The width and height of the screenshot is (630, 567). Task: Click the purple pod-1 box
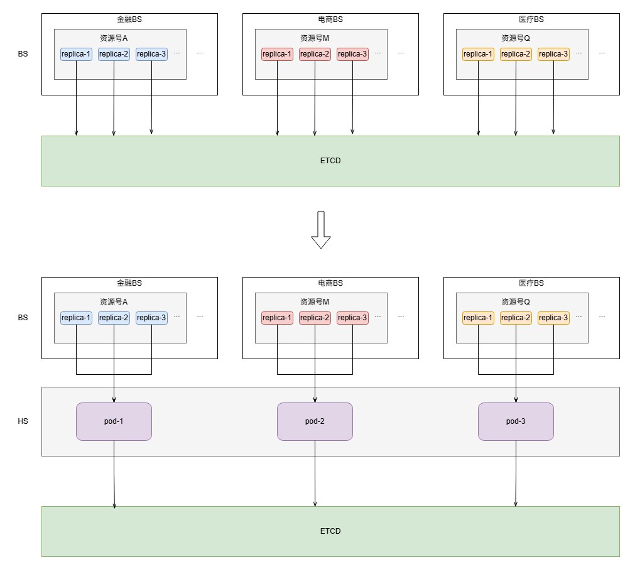[x=114, y=421]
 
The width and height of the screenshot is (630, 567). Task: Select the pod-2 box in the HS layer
[x=315, y=421]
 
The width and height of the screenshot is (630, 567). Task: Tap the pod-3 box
[x=516, y=421]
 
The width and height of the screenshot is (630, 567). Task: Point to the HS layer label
[x=23, y=421]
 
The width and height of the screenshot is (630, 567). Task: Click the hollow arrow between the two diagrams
[x=320, y=230]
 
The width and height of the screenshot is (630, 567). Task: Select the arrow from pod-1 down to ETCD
[x=114, y=474]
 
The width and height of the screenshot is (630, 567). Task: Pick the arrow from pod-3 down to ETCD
[x=516, y=473]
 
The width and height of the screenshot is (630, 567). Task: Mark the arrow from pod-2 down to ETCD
[x=315, y=473]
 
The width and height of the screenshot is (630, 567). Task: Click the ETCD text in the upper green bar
[x=330, y=161]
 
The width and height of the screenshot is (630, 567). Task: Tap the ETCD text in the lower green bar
[x=330, y=531]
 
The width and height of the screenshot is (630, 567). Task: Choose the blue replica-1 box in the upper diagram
[x=76, y=54]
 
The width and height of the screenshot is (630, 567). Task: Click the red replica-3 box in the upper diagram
[x=352, y=54]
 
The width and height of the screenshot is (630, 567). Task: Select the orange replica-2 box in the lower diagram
[x=516, y=318]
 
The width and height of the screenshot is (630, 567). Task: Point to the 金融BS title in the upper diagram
[x=129, y=19]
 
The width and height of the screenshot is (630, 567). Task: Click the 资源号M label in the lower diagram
[x=315, y=302]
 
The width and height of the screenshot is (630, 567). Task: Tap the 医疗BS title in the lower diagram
[x=531, y=283]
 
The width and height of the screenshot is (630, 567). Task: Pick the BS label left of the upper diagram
[x=23, y=54]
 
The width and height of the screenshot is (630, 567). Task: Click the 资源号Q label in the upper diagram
[x=516, y=38]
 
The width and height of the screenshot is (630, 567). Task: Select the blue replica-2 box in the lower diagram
[x=114, y=318]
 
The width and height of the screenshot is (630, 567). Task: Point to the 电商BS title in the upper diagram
[x=330, y=19]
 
